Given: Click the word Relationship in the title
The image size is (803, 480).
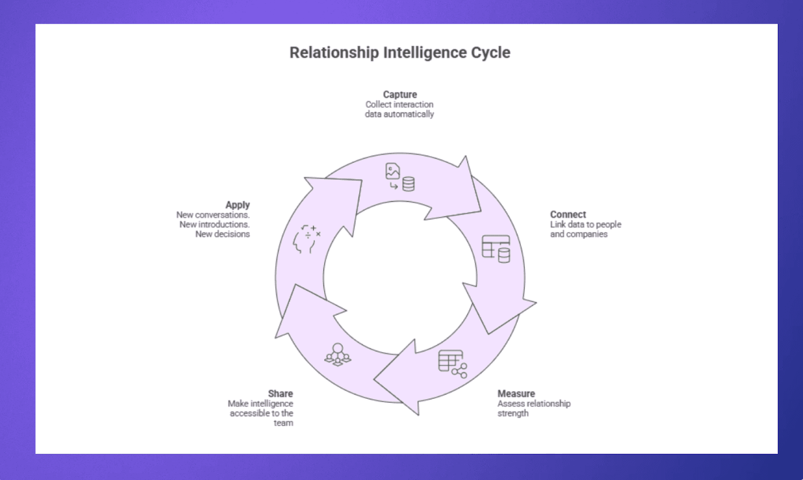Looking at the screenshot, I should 334,53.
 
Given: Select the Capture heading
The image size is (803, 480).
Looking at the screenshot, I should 399,94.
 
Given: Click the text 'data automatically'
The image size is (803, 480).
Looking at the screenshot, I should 399,114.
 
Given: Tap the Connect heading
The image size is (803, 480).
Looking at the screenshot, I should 568,214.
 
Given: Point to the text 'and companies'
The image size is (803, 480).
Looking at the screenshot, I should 578,234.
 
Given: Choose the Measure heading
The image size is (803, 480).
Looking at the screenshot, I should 516,394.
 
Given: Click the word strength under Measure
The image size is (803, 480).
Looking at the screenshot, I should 512,413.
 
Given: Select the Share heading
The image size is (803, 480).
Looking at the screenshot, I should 280,394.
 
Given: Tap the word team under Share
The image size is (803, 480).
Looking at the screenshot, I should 283,423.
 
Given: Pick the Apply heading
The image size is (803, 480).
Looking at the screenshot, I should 237,205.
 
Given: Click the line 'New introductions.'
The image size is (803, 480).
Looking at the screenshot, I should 214,224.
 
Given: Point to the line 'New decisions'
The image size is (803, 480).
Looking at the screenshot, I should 222,234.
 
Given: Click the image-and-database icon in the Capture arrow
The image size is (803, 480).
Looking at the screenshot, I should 399,177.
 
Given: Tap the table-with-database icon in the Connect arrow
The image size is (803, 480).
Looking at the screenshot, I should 496,249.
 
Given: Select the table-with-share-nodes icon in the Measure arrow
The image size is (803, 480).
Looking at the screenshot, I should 452,364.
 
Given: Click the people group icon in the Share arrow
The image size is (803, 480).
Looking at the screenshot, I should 338,354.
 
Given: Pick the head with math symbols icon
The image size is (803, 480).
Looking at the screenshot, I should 306,239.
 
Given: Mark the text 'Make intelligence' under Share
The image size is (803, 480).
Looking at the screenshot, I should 260,404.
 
